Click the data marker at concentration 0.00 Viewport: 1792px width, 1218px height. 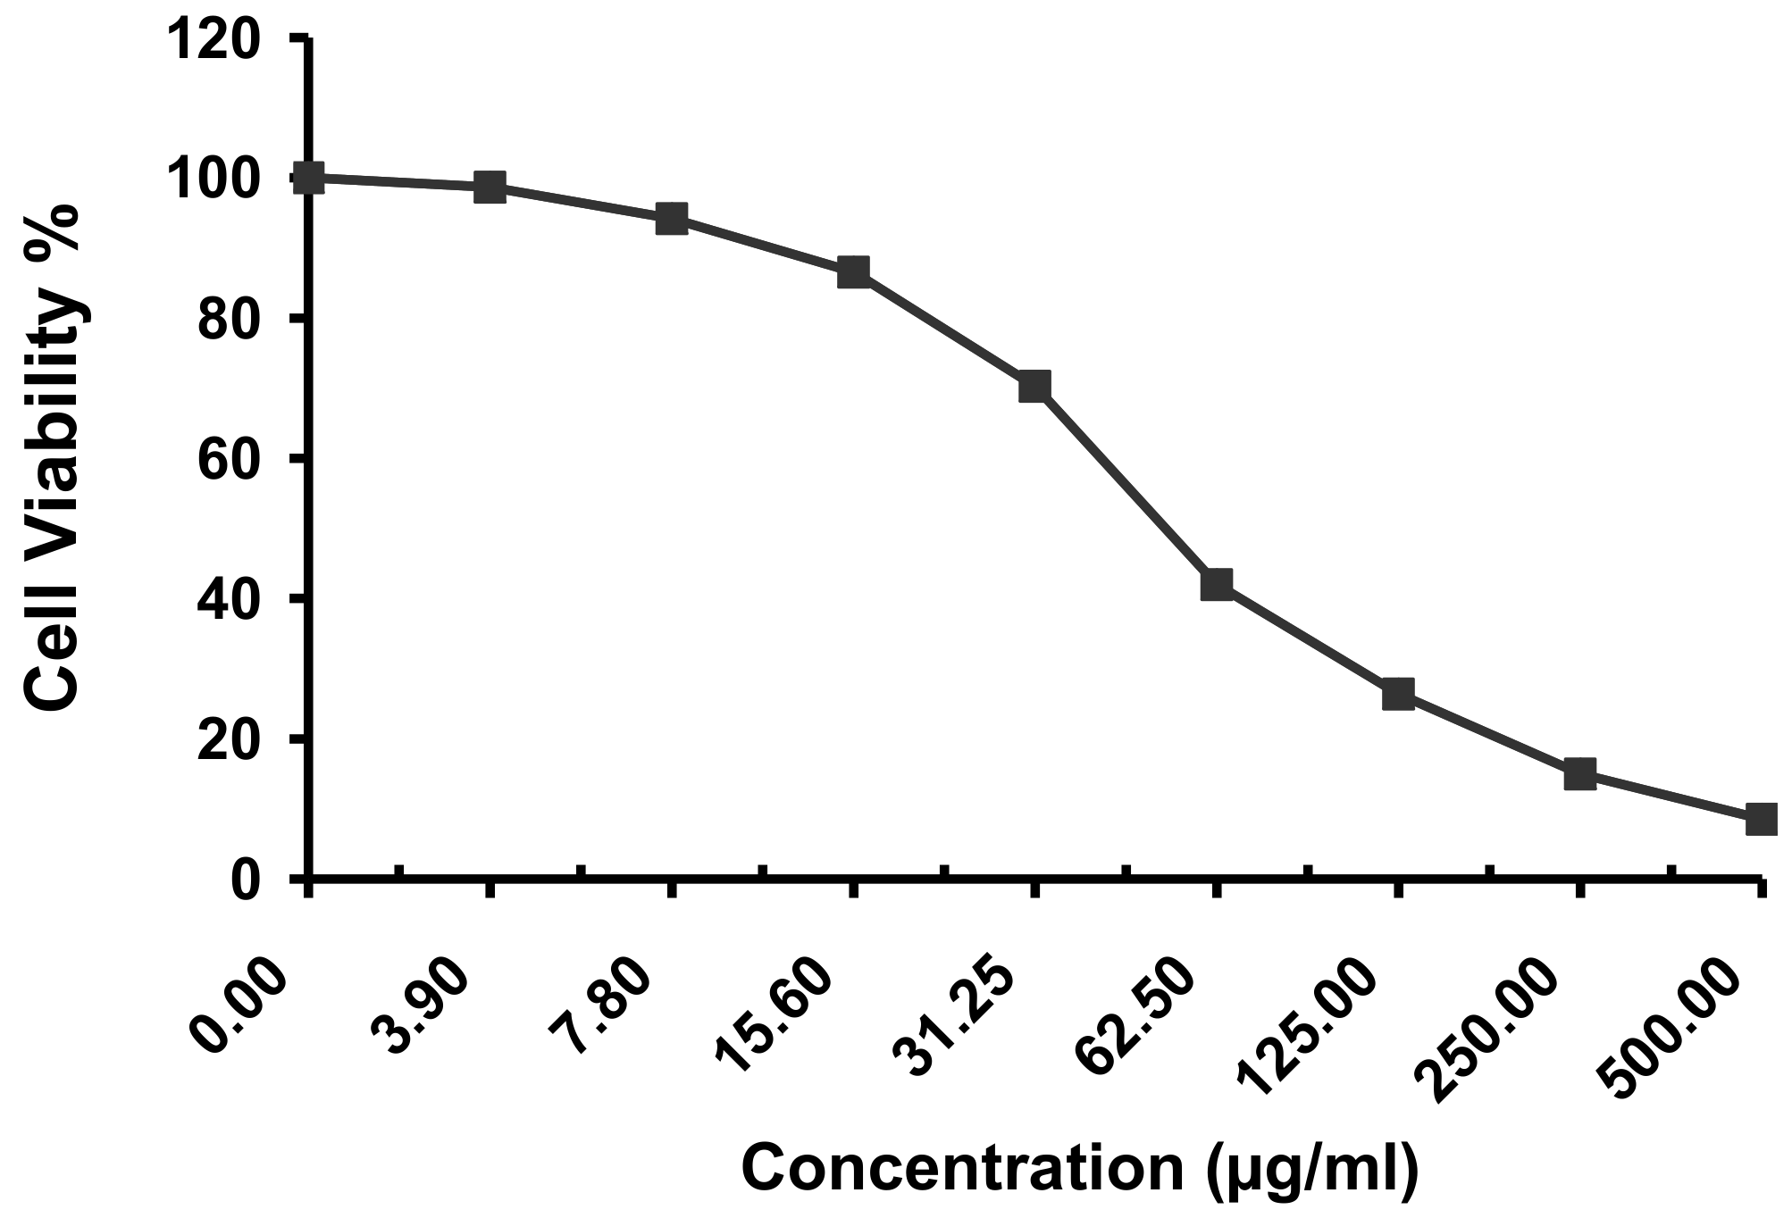310,178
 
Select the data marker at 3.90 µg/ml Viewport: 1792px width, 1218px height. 490,188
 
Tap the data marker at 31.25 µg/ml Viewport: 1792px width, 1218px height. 1034,387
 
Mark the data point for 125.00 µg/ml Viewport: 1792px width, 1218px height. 1398,693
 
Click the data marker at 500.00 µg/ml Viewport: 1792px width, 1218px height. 1761,818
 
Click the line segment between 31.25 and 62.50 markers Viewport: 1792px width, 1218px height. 1126,486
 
